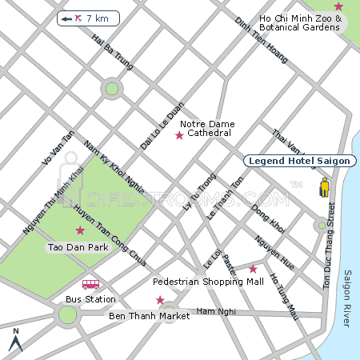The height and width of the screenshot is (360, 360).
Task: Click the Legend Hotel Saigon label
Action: coord(299,161)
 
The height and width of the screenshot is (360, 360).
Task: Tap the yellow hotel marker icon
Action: coord(325,189)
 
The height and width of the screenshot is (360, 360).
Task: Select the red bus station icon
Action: coord(90,284)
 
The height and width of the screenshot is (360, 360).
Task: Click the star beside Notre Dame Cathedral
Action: coord(179,136)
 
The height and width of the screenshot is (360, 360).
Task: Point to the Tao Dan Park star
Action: coord(79,231)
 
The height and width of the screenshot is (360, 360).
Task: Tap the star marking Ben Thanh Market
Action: coord(160,300)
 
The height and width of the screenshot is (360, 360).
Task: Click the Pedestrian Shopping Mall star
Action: coord(253,269)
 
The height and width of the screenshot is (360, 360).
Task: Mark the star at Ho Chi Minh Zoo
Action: coord(338,6)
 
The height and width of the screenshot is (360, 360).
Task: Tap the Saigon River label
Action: coord(348,298)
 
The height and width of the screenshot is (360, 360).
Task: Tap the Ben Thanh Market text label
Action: coord(149,316)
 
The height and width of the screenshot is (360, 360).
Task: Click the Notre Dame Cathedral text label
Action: coord(206,128)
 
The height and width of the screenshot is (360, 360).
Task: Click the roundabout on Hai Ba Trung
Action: coord(112,88)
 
